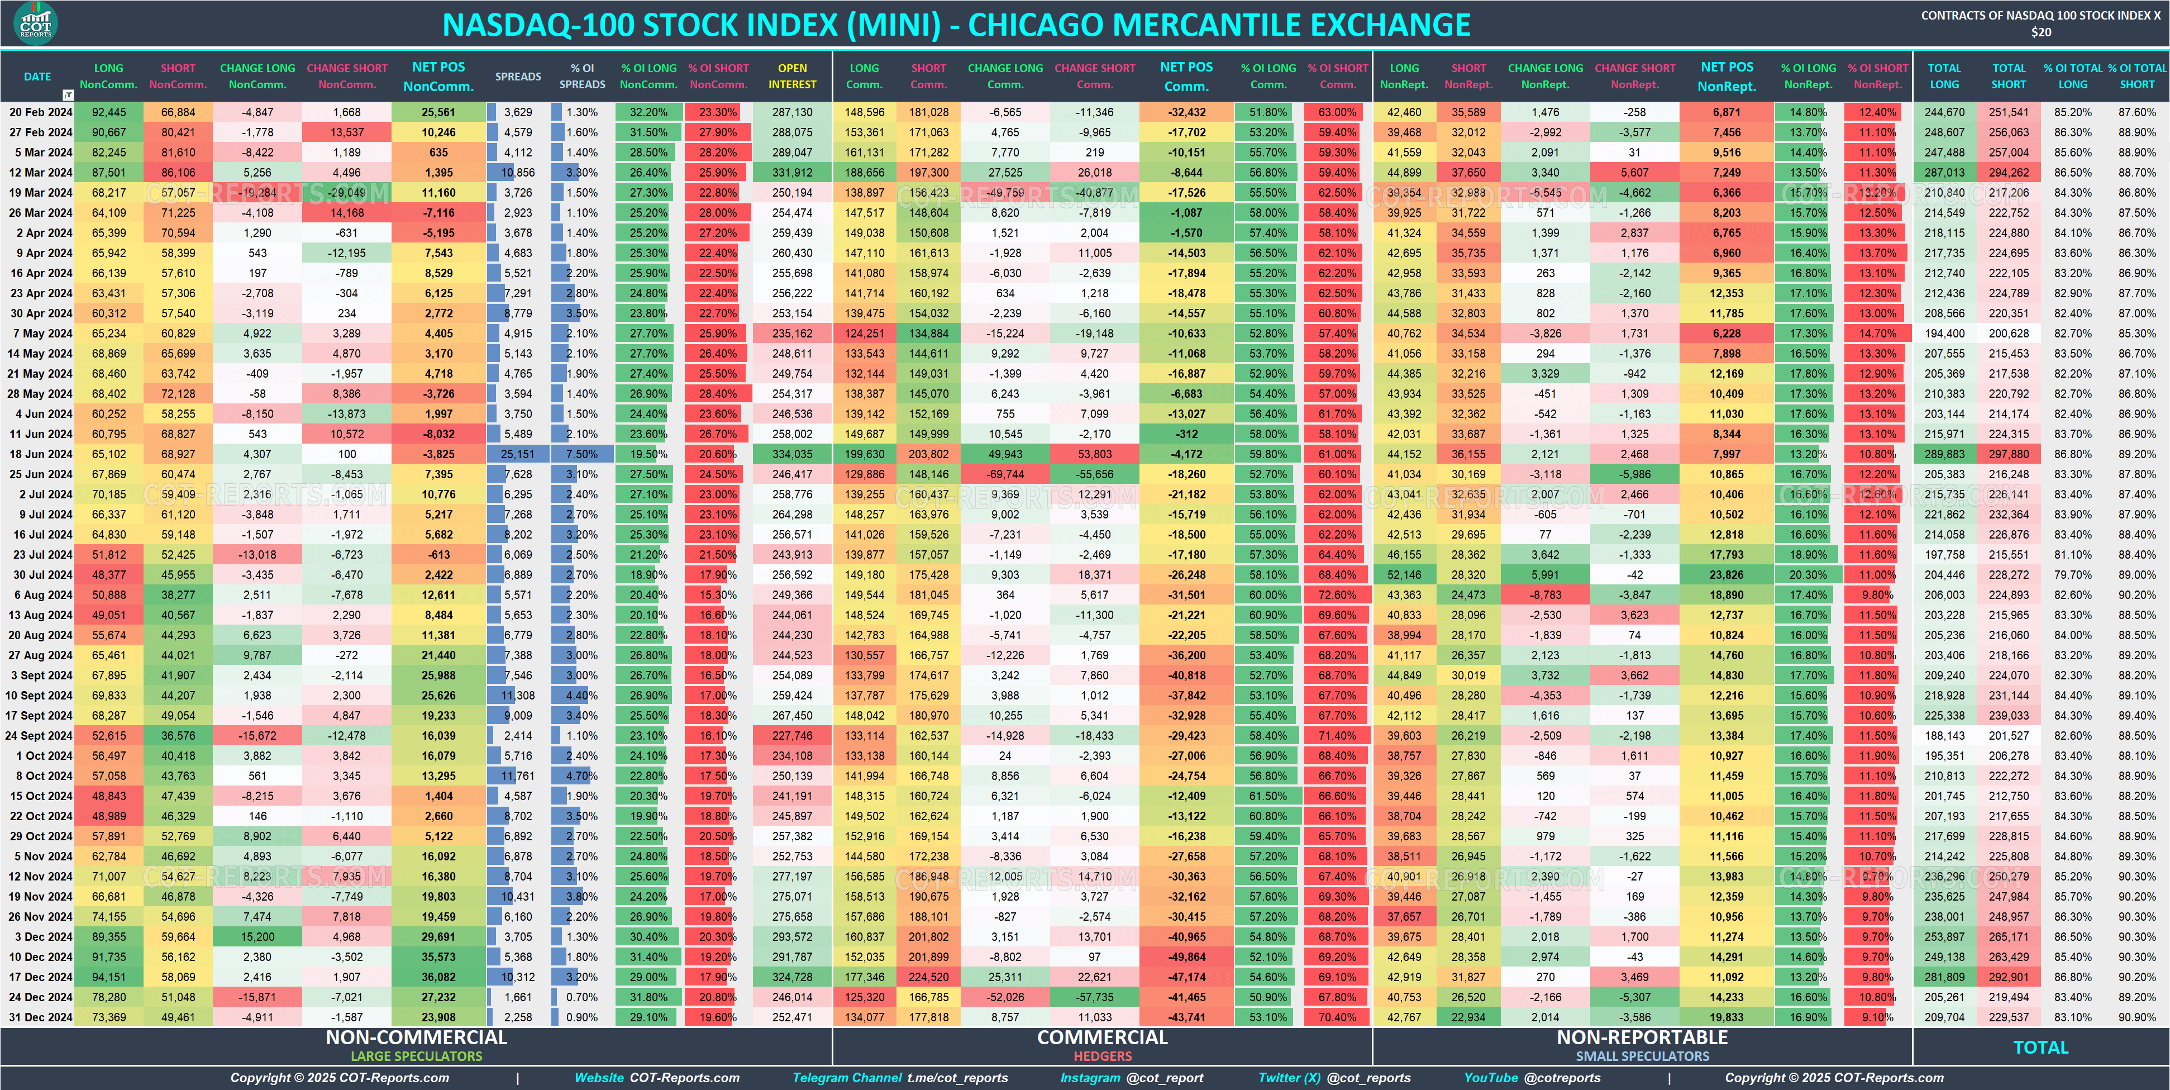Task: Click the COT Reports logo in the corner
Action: [x=35, y=23]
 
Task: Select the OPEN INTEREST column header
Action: [x=792, y=76]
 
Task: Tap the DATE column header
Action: [x=37, y=77]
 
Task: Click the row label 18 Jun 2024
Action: [x=40, y=454]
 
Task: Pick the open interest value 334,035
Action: [x=792, y=454]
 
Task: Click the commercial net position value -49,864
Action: [x=1186, y=957]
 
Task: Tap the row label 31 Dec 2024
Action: [x=40, y=1017]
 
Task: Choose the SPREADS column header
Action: [x=518, y=77]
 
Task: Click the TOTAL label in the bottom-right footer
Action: [x=2040, y=1047]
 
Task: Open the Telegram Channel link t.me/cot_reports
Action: [x=957, y=1077]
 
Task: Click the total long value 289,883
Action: [x=1944, y=454]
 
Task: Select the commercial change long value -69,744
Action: [x=1005, y=474]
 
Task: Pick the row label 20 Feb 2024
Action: [x=40, y=112]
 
